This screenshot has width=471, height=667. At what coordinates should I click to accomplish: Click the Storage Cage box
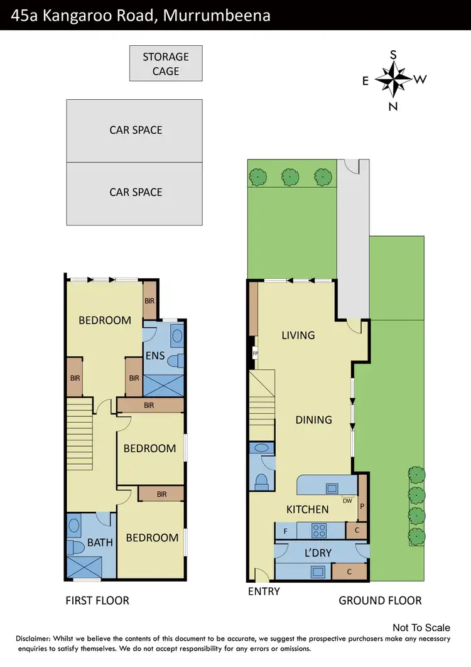166,63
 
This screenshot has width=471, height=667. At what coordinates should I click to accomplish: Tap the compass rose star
393,79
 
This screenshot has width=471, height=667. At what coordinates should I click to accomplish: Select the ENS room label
155,356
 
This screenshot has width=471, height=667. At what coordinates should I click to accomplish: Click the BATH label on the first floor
100,542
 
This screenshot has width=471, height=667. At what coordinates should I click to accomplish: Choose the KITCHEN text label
308,509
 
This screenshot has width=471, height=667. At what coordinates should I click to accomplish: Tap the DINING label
314,420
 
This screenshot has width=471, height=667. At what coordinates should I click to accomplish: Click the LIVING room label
298,335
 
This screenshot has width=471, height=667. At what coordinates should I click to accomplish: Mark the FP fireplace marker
255,354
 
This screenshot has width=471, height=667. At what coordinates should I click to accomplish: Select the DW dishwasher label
347,501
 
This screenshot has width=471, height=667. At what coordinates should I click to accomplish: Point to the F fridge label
286,532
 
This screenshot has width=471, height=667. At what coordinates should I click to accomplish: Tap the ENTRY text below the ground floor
264,591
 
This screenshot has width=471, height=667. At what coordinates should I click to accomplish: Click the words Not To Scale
421,627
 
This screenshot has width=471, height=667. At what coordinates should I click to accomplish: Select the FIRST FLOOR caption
97,600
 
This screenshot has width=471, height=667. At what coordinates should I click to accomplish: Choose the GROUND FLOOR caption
380,600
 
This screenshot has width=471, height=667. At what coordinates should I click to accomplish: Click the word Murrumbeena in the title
217,15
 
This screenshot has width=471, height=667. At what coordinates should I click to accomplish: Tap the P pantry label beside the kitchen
362,504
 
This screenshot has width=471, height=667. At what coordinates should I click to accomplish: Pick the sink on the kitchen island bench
331,487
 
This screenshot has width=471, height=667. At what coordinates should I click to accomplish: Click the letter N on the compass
393,106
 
